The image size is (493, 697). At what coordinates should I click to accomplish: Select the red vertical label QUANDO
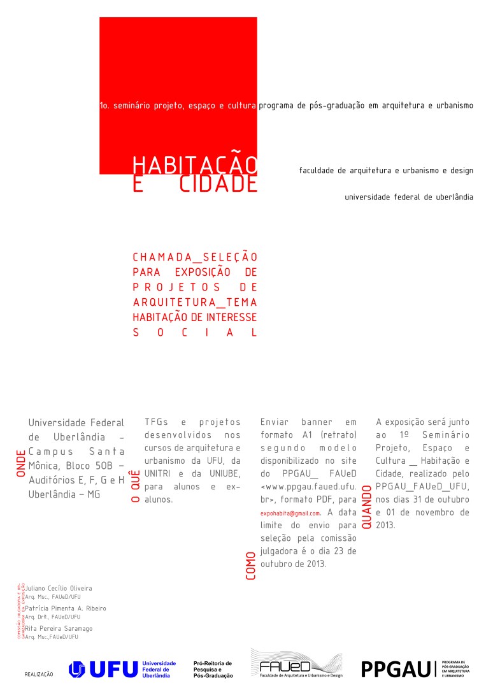pyautogui.click(x=367, y=508)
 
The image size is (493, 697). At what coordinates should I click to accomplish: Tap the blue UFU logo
pyautogui.click(x=103, y=669)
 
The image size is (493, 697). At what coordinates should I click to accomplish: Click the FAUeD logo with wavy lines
pyautogui.click(x=296, y=664)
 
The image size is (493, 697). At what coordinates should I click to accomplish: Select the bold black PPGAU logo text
pyautogui.click(x=396, y=669)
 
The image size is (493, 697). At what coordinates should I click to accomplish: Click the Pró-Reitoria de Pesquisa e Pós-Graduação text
pyautogui.click(x=213, y=669)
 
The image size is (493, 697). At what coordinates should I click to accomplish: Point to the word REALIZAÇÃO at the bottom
pyautogui.click(x=39, y=673)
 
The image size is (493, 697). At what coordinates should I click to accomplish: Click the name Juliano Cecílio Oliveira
pyautogui.click(x=59, y=588)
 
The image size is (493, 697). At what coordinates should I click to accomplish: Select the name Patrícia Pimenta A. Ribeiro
pyautogui.click(x=66, y=608)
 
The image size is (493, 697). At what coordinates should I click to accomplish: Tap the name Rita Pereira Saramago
pyautogui.click(x=59, y=628)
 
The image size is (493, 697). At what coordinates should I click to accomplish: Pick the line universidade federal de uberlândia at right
pyautogui.click(x=409, y=197)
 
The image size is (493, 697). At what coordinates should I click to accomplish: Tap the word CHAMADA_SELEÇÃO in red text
pyautogui.click(x=195, y=257)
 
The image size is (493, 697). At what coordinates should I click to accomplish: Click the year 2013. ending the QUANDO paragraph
pyautogui.click(x=385, y=526)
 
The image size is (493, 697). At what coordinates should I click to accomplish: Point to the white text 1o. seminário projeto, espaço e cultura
pyautogui.click(x=178, y=106)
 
